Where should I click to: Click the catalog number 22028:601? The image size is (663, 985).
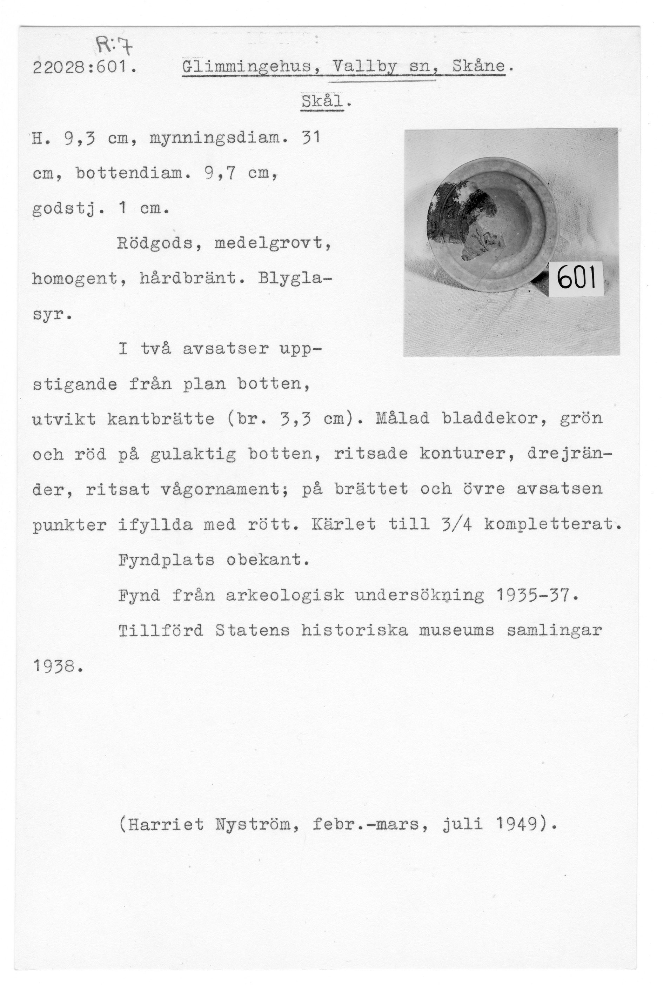pos(85,67)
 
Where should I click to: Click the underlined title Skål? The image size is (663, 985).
pos(322,102)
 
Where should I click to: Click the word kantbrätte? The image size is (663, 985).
pos(161,419)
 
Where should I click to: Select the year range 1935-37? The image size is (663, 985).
pos(535,595)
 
